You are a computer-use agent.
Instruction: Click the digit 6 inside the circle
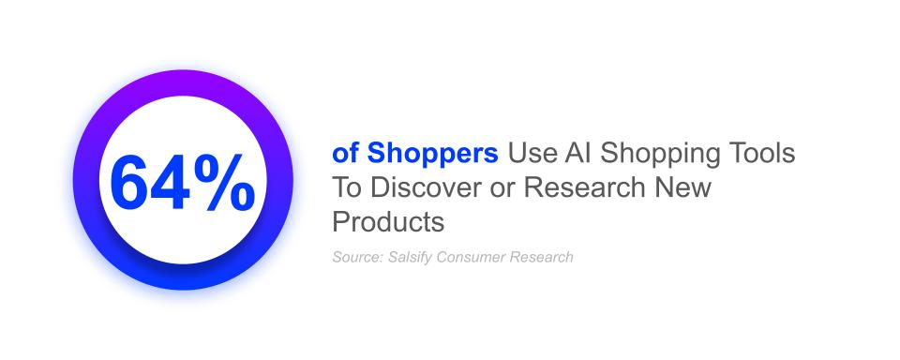click(129, 182)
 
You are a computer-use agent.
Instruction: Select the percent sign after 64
click(224, 182)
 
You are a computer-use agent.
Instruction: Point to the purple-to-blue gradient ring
click(183, 82)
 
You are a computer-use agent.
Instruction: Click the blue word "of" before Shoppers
click(346, 154)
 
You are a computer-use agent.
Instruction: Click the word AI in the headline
click(576, 154)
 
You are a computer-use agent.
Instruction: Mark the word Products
click(388, 221)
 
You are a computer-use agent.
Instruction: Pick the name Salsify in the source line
click(410, 258)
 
